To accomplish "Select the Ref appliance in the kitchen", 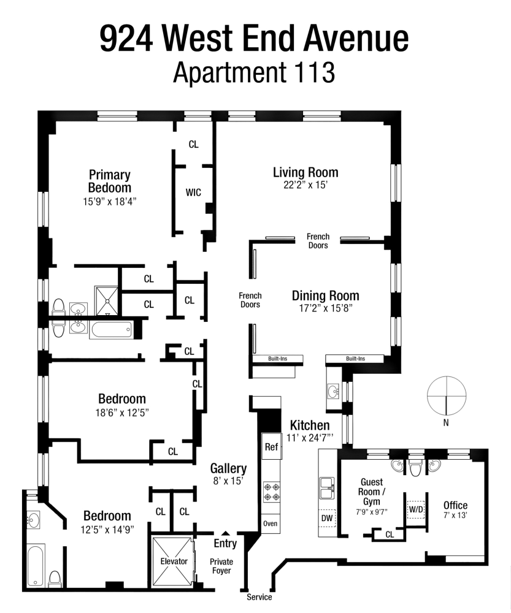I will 271,447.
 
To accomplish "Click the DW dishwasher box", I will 327,518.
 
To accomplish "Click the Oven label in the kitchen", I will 271,524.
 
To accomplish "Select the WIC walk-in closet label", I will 193,192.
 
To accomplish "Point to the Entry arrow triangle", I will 225,533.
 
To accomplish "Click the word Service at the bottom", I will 259,597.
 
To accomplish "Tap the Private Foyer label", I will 221,566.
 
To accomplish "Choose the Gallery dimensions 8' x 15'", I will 228,481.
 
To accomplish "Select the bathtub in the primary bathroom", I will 111,330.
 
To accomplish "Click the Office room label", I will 455,505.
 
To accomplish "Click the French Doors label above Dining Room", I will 318,241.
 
